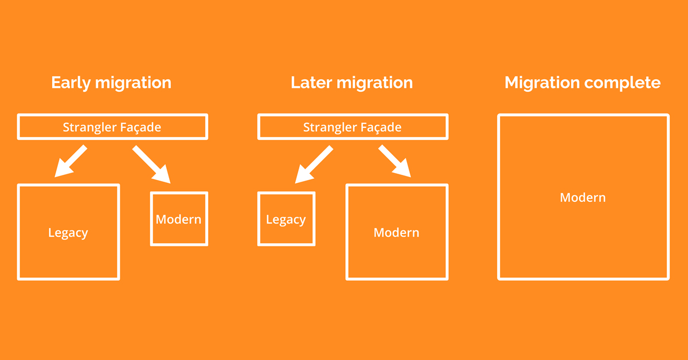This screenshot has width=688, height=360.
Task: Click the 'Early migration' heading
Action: click(x=111, y=83)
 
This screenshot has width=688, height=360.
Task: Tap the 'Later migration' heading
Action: click(x=351, y=83)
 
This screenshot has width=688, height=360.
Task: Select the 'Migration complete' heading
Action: click(x=583, y=83)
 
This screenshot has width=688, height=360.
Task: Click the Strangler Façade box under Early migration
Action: click(x=112, y=127)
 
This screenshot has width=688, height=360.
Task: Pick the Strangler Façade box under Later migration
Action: click(x=353, y=127)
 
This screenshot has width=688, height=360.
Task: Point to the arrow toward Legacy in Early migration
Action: click(x=70, y=161)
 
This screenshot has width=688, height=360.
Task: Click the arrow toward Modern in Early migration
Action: click(x=151, y=164)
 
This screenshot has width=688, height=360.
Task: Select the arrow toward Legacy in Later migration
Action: click(x=313, y=164)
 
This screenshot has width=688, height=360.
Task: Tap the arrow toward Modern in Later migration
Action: click(x=395, y=161)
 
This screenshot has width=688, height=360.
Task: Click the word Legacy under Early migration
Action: click(x=68, y=233)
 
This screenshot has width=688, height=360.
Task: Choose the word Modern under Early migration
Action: click(x=179, y=219)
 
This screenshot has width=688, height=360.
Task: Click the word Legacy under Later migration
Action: click(x=286, y=220)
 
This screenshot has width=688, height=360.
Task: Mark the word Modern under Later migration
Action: click(x=396, y=233)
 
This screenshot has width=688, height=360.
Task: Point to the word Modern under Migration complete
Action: click(x=583, y=198)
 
